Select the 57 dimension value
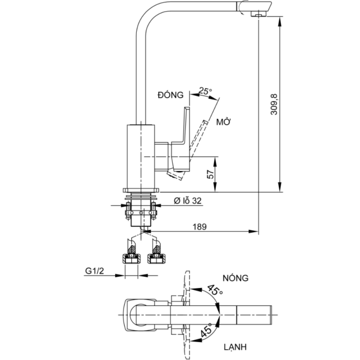(x=210, y=175)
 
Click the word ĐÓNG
(x=171, y=95)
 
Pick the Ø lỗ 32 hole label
(x=187, y=201)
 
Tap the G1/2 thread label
(x=94, y=271)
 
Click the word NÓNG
(x=235, y=278)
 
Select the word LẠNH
(x=235, y=346)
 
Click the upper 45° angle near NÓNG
(x=215, y=290)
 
